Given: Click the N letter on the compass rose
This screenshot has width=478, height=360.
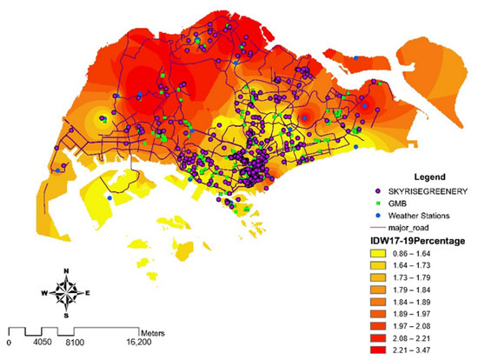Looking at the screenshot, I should tap(67, 271).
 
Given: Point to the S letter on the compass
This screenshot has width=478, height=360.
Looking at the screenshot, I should tap(67, 316).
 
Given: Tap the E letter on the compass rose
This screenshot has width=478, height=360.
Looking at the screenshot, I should tap(88, 294).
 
